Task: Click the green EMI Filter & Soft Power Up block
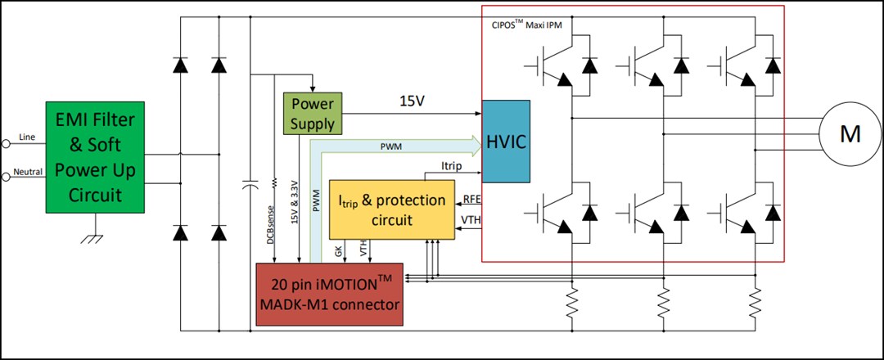[x=95, y=157]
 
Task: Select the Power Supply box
[x=313, y=114]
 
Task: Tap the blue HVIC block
[x=505, y=141]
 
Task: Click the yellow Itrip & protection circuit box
[x=392, y=209]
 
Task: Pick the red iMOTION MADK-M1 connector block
[x=330, y=294]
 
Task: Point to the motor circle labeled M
[x=850, y=134]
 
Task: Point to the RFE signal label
[x=471, y=199]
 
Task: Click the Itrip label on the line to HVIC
[x=451, y=167]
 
